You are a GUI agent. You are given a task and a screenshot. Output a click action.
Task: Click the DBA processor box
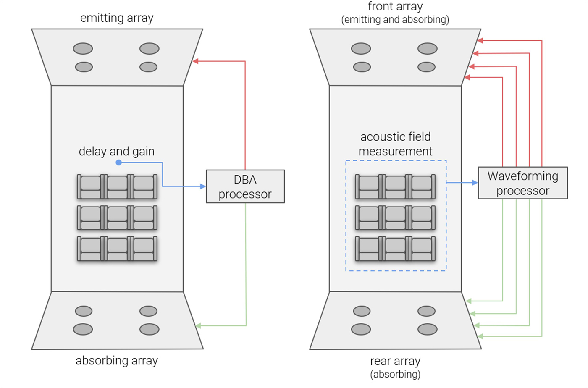245,186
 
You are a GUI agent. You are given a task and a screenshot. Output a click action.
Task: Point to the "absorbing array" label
117,361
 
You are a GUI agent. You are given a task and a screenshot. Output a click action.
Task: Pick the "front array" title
395,7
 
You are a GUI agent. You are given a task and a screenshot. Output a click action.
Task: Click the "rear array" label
395,361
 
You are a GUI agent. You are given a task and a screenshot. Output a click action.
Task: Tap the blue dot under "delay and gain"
118,162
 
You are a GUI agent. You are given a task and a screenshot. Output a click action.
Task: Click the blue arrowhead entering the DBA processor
203,186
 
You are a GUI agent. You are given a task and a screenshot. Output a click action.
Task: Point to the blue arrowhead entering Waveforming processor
475,183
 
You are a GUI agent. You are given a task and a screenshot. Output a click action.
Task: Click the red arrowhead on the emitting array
196,61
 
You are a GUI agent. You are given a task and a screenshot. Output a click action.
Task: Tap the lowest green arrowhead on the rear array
480,336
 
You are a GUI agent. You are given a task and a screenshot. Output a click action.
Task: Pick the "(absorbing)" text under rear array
395,373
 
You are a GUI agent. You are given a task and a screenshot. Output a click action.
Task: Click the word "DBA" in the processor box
245,180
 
